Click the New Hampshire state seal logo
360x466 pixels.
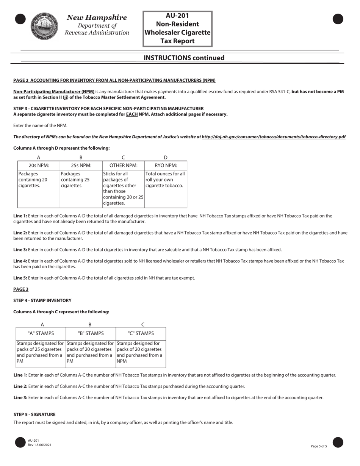pos(44,26)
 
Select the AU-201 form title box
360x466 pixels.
pos(177,28)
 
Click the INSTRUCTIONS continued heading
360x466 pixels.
pos(184,58)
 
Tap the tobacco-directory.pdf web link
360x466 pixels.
pos(273,137)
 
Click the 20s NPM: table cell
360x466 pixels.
pos(39,165)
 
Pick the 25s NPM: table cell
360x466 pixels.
pos(81,165)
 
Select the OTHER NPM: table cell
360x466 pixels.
pos(123,165)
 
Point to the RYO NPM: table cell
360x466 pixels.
pos(166,165)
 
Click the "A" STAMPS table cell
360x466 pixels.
pos(41,333)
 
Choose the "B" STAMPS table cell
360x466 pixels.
pos(91,333)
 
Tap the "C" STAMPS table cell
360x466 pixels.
pos(141,333)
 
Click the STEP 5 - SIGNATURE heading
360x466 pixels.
pos(34,414)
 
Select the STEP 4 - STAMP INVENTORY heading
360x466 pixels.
pos(42,300)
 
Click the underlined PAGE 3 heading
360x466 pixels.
pos(21,289)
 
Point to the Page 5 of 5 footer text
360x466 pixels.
pos(321,446)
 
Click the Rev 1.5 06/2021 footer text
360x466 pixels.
pos(39,444)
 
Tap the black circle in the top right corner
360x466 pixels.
pos(338,19)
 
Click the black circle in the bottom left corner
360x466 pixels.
pos(20,442)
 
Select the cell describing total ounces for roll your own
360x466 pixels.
pos(166,180)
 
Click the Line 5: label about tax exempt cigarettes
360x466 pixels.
pos(20,278)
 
